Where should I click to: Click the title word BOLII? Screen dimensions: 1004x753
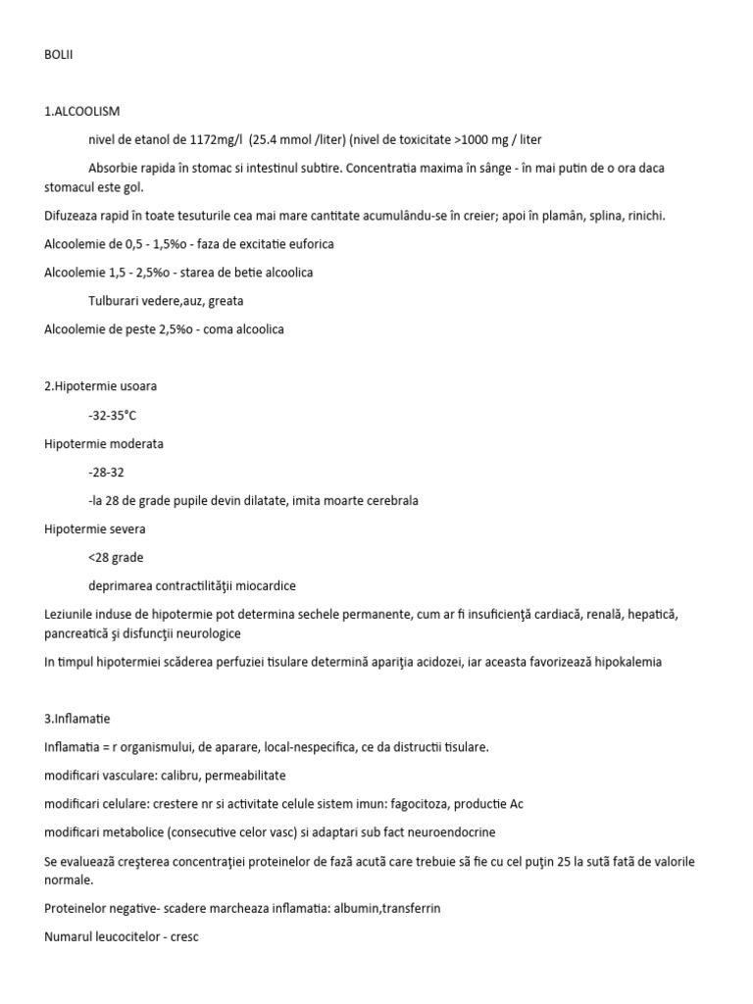tap(59, 56)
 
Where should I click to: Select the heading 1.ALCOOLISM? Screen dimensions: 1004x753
tap(82, 112)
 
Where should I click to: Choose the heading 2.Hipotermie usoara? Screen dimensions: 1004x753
tap(101, 386)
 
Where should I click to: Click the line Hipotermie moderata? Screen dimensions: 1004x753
tap(104, 443)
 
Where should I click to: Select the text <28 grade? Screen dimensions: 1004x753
tap(116, 557)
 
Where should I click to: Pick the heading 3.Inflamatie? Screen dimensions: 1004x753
tap(77, 719)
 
